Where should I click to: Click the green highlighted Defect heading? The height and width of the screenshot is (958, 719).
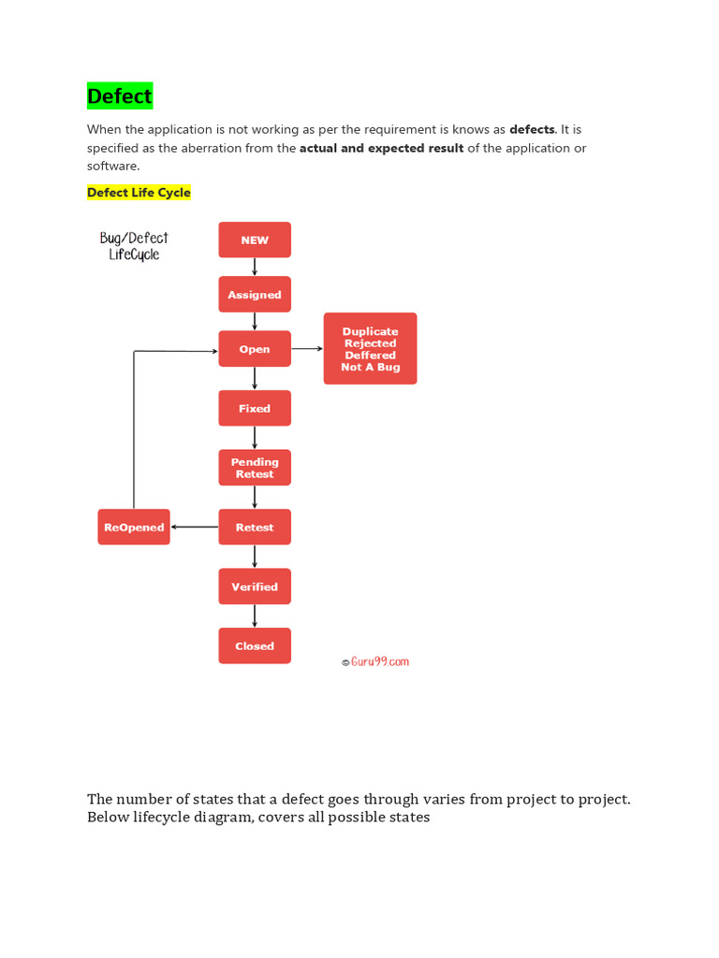click(x=119, y=95)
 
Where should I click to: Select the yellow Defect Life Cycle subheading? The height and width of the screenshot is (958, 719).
click(x=139, y=193)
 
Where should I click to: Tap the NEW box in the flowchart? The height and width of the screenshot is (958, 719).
click(x=255, y=239)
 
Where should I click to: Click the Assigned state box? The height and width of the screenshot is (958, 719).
click(x=255, y=294)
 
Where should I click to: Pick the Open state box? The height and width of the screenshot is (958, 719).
click(x=255, y=349)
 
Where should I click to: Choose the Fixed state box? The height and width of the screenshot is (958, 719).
click(x=255, y=408)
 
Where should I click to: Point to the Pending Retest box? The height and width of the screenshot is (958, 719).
click(x=255, y=468)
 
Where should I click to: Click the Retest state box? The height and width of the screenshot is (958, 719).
click(x=255, y=527)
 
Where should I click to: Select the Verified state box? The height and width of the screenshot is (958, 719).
click(x=255, y=587)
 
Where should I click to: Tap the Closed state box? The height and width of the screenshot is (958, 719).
click(x=255, y=646)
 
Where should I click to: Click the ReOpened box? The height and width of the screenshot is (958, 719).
click(x=134, y=527)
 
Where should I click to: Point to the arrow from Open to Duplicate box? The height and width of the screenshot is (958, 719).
click(x=307, y=348)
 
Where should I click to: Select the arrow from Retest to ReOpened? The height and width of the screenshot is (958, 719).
click(x=195, y=527)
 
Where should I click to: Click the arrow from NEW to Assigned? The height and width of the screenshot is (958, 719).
click(x=255, y=267)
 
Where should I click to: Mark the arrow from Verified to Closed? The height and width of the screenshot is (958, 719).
click(x=255, y=616)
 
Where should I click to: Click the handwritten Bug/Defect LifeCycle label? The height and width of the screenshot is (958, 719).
click(x=134, y=246)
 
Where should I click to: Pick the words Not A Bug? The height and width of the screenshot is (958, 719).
click(x=370, y=368)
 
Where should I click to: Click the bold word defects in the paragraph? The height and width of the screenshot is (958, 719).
click(x=532, y=129)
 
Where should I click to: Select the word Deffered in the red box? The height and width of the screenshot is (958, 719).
click(x=370, y=356)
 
